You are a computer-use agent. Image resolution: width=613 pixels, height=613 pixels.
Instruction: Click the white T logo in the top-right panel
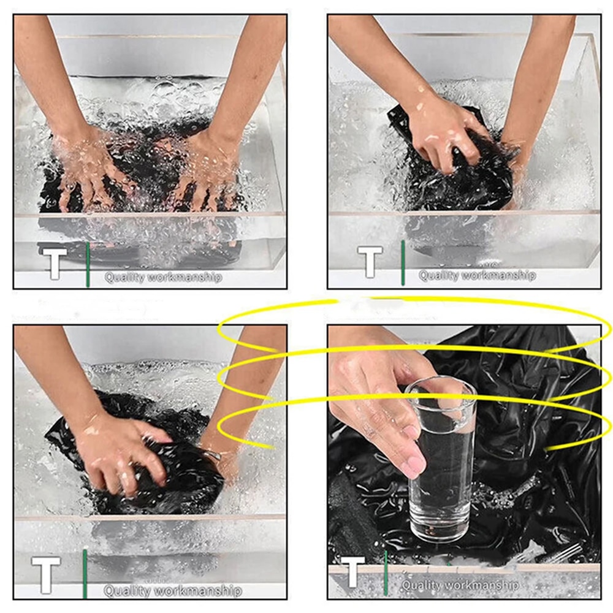tap(370, 262)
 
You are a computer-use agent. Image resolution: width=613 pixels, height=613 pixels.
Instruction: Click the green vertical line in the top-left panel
tap(88, 265)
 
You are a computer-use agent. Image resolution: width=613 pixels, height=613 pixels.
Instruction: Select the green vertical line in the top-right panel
tap(403, 262)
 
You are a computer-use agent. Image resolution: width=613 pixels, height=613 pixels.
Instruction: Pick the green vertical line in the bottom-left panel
tap(85, 574)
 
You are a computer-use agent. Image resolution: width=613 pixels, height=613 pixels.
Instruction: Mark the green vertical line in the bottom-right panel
tap(386, 573)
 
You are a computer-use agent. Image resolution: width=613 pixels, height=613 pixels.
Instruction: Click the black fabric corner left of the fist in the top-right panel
tap(400, 121)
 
